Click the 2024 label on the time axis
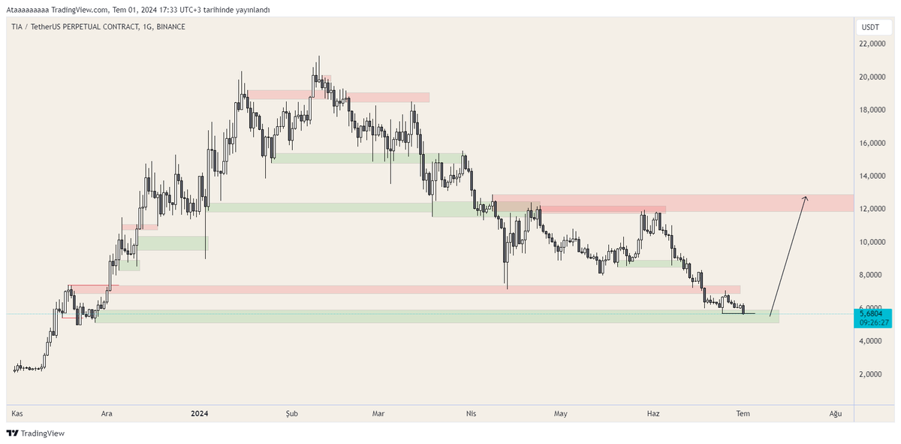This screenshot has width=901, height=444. [200, 413]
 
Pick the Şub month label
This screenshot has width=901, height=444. [292, 413]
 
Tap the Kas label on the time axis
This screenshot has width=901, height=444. [17, 413]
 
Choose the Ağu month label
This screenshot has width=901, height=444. [835, 413]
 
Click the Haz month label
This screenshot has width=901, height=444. [653, 413]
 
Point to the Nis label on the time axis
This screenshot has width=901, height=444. [472, 413]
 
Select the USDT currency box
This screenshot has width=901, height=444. [870, 27]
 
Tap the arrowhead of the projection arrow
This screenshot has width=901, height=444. [805, 198]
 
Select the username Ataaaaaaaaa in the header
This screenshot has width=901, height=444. [29, 10]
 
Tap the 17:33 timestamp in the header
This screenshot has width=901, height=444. [142, 10]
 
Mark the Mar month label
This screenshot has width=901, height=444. [379, 413]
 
